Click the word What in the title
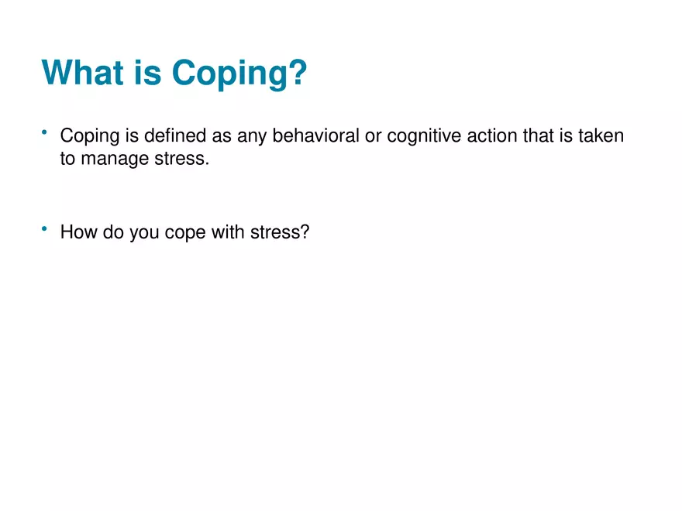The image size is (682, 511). point(83,74)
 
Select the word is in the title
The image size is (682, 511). point(147,74)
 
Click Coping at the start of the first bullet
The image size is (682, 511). point(88,138)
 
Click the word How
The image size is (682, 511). point(75,232)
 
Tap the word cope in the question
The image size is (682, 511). point(183,233)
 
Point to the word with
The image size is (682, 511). point(227,232)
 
